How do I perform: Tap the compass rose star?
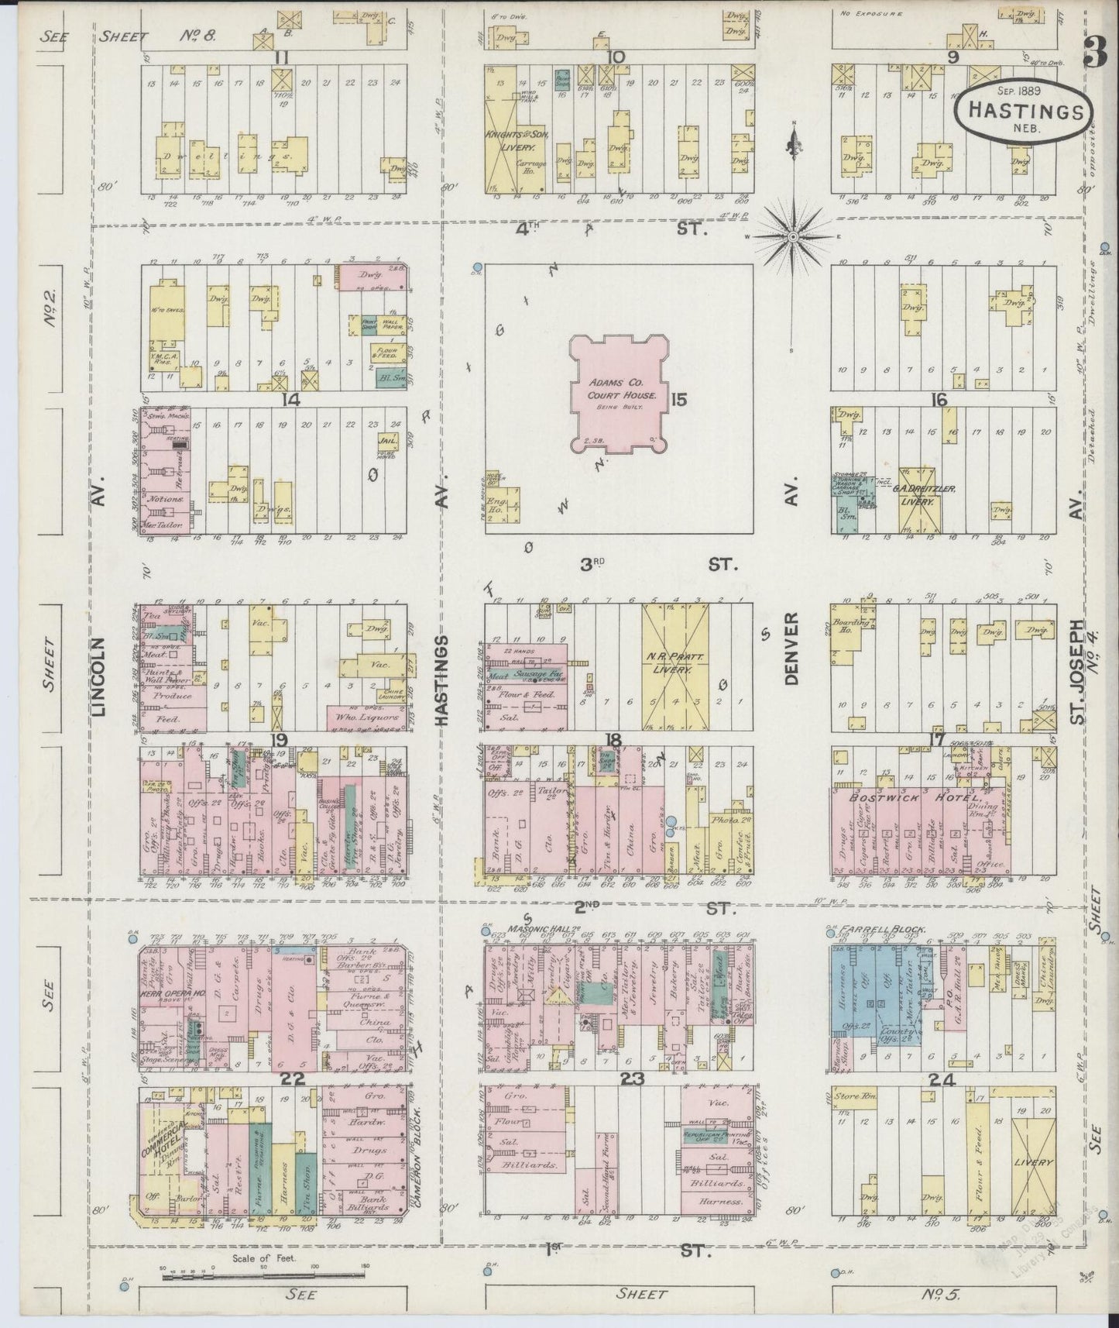pyautogui.click(x=794, y=234)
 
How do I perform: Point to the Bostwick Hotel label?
pyautogui.click(x=918, y=797)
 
